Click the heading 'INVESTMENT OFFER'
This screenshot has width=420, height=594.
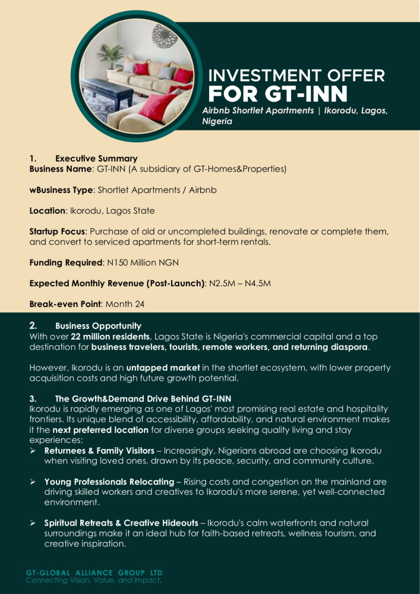coord(296,76)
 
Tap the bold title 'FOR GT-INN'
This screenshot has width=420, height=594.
coord(278,94)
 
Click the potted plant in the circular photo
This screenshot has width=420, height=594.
coord(110,55)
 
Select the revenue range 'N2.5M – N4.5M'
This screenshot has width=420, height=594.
coord(240,283)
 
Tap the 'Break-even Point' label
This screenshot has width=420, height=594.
coord(65,304)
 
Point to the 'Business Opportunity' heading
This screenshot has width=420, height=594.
coord(98,326)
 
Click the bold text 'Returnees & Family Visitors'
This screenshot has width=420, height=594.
coord(99,451)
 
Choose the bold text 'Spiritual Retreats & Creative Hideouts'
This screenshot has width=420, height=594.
coord(121,523)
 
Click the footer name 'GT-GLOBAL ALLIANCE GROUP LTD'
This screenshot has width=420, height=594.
coord(94,573)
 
